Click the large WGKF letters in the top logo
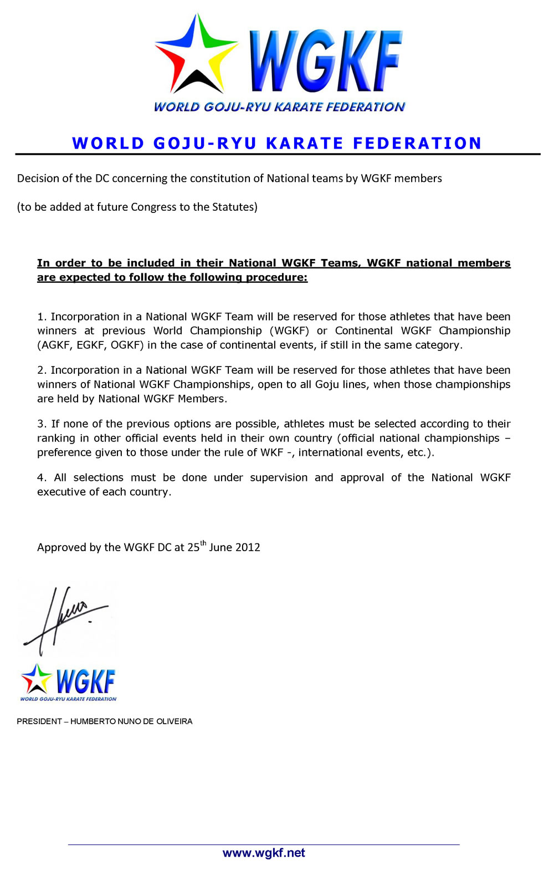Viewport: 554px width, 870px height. (x=326, y=61)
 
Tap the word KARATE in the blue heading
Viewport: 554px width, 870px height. (x=305, y=143)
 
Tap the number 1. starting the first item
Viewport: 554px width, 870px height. (x=42, y=317)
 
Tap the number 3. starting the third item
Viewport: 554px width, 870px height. (x=42, y=424)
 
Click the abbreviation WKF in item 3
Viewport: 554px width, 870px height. (x=271, y=452)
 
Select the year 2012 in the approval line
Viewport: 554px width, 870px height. (x=247, y=547)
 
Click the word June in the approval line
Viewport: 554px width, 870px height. (x=220, y=547)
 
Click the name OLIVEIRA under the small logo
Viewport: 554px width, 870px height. (x=171, y=721)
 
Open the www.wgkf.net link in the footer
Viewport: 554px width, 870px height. (x=264, y=853)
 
